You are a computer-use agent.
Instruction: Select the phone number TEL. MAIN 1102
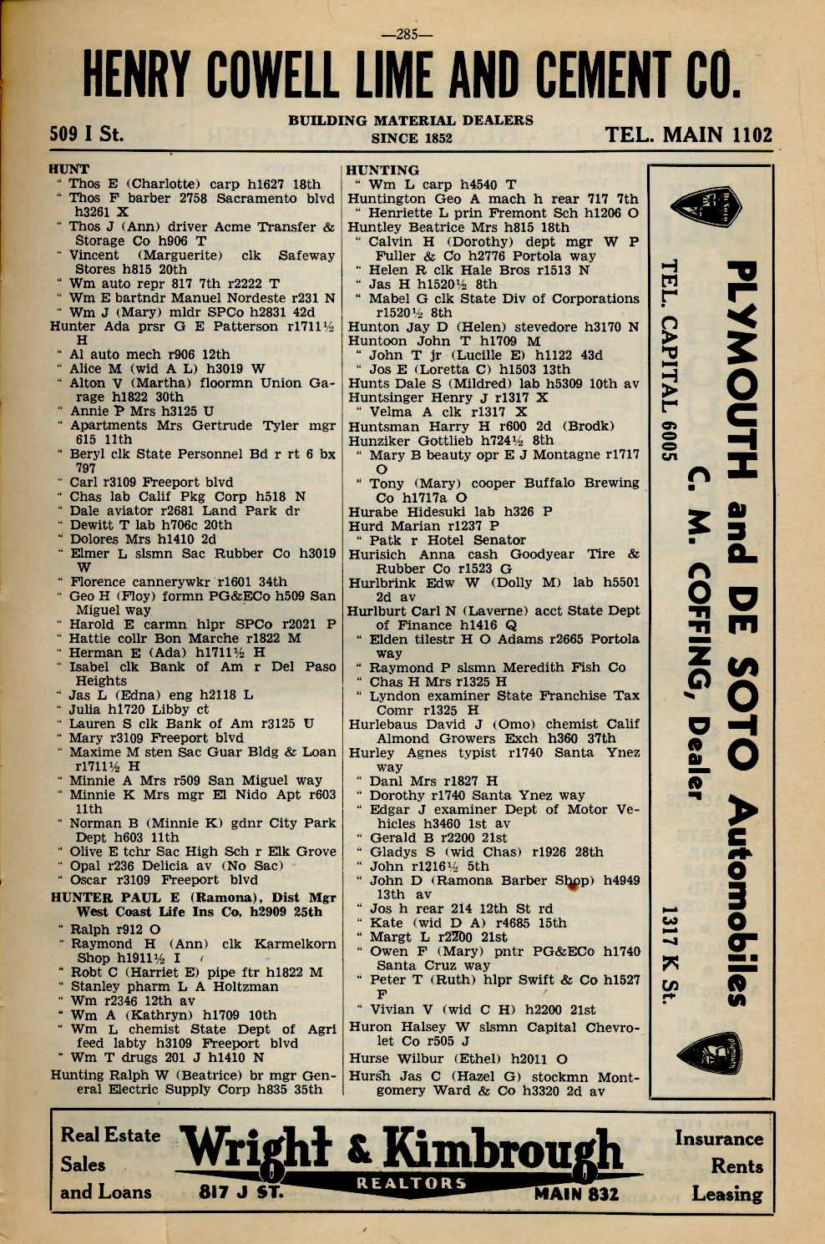[x=689, y=134]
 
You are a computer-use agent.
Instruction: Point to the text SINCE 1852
[x=411, y=139]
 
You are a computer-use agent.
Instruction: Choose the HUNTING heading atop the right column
[x=382, y=169]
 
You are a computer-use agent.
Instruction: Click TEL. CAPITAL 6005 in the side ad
[x=667, y=359]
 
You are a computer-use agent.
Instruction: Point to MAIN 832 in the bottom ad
[x=576, y=1193]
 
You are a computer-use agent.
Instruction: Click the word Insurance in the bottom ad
[x=718, y=1138]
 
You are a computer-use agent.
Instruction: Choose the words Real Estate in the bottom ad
[x=110, y=1135]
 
